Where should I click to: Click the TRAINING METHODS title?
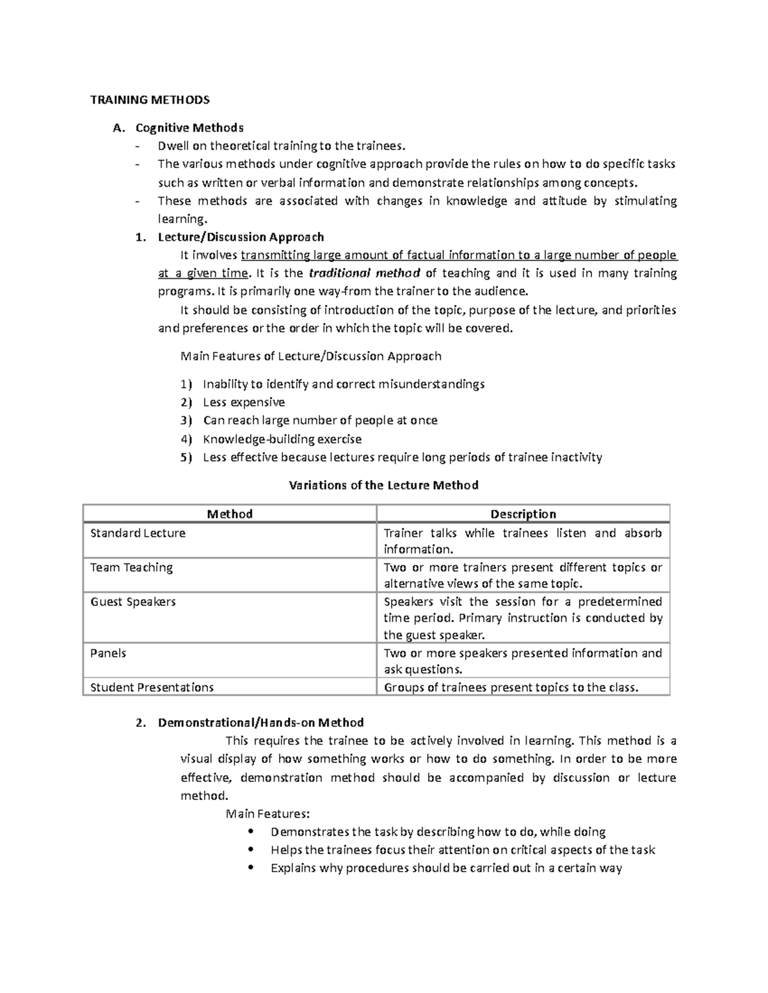149,100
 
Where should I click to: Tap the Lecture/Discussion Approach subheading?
241,237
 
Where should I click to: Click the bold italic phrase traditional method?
364,274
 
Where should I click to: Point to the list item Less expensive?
243,402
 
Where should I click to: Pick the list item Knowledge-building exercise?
282,439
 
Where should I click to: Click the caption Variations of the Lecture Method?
383,485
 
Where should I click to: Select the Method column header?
230,514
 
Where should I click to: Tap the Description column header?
523,514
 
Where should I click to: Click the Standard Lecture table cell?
138,533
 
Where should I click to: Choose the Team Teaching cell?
131,568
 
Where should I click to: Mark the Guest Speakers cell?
132,602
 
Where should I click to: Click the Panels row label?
108,653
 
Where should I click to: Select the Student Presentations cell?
152,687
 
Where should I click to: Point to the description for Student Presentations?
511,687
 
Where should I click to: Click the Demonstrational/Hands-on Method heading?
260,723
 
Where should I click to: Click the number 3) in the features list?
186,421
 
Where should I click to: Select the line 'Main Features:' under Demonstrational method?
268,814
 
